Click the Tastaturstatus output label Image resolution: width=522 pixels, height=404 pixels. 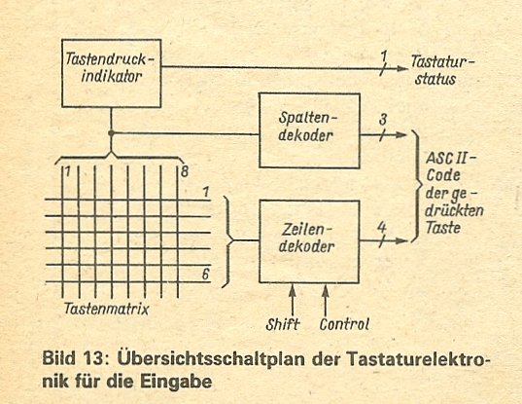coord(442,70)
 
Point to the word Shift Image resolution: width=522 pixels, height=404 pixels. coord(283,324)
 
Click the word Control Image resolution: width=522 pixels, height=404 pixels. coord(344,324)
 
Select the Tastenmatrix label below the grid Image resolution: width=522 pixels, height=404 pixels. coord(107,309)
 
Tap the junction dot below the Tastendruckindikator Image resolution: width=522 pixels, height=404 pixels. coord(111,133)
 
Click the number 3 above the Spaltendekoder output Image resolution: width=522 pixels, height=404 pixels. coord(383,120)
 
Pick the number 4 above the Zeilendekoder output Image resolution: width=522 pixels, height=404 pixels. coord(381,228)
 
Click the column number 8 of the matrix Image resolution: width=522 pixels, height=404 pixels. coord(185,171)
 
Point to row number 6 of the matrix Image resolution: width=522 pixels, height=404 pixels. coord(206,274)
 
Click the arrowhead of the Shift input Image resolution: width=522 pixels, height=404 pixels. coord(293,291)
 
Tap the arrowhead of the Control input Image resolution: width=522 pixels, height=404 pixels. coord(326,291)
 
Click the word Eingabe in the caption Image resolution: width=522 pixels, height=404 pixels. coord(176,381)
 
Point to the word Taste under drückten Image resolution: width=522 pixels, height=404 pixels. coord(443,228)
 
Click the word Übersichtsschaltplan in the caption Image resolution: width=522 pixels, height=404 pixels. coord(211,358)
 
